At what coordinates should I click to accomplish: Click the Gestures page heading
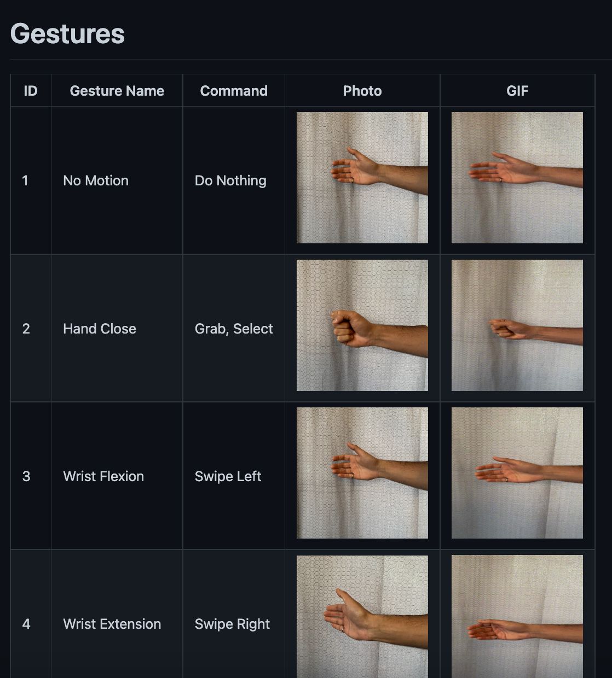[67, 34]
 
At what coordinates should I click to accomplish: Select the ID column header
[31, 91]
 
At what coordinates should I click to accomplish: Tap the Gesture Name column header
[117, 91]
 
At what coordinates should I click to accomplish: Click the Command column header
[234, 91]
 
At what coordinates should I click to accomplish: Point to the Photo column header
[362, 91]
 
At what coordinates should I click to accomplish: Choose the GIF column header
[517, 91]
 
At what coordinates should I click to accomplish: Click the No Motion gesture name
[96, 180]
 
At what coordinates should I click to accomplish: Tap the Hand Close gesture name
[100, 329]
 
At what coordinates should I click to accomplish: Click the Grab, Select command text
[234, 329]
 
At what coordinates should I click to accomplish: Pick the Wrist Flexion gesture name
[103, 476]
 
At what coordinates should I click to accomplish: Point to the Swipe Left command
[228, 476]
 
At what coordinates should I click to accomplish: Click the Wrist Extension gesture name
[112, 624]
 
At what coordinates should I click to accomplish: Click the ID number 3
[26, 476]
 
